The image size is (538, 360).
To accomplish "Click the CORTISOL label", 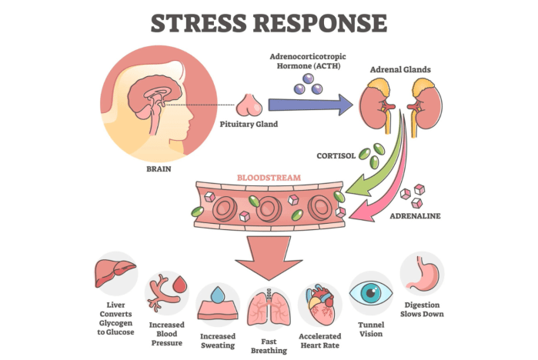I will click(x=336, y=155).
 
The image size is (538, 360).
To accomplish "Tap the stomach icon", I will click(x=422, y=274).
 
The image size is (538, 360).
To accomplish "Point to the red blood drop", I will click(x=181, y=285).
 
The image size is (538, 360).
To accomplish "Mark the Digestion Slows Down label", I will click(x=423, y=308).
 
